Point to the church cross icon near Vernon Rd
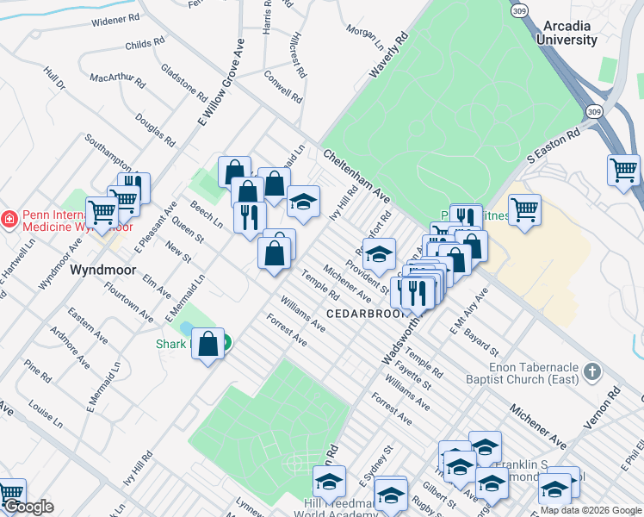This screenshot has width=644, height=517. (591, 371)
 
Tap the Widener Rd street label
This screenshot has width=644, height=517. (115, 18)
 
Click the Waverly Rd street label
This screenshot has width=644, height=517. (387, 57)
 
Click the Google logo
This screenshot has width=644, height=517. (28, 507)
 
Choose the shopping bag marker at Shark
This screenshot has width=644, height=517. (208, 345)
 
